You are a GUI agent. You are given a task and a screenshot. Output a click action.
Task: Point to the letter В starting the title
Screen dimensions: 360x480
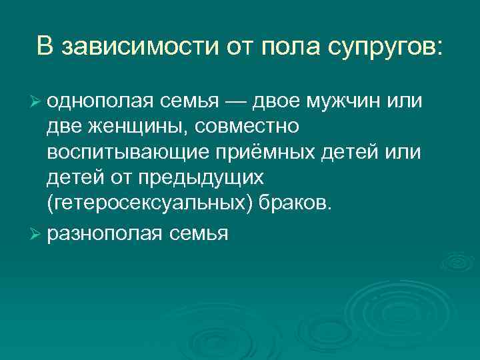click(44, 47)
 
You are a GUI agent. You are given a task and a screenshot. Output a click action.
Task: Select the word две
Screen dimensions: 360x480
click(63, 127)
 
